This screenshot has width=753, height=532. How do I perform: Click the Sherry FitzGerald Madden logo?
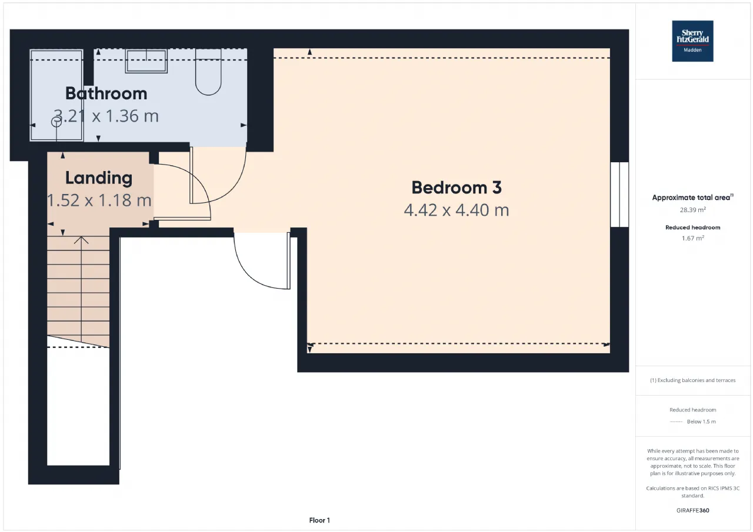coord(692,41)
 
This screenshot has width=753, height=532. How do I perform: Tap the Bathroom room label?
coord(106,93)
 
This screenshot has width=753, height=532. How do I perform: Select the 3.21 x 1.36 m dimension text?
coord(106,116)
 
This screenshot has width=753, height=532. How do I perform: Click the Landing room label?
coord(99,178)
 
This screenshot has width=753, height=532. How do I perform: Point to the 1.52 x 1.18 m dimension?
coord(99,200)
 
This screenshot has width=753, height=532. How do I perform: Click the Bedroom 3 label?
coord(457,188)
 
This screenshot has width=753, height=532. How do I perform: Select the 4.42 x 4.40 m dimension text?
coord(457,210)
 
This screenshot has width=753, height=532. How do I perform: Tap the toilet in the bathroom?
coord(208,72)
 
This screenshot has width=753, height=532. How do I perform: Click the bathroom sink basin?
coord(146,61)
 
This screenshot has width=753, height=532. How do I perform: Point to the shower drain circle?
coord(56,122)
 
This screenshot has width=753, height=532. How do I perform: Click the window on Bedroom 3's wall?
coord(619,195)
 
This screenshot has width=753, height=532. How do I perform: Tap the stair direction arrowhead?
coord(81,240)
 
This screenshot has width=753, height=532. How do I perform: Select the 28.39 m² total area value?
coord(693,210)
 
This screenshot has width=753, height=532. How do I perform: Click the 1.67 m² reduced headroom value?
coord(693,238)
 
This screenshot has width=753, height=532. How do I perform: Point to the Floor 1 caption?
coord(319,520)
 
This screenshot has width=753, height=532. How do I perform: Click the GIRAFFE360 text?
coord(693,510)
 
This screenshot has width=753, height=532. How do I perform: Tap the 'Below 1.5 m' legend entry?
coord(701,421)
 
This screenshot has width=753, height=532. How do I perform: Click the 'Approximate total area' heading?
coord(692,198)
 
